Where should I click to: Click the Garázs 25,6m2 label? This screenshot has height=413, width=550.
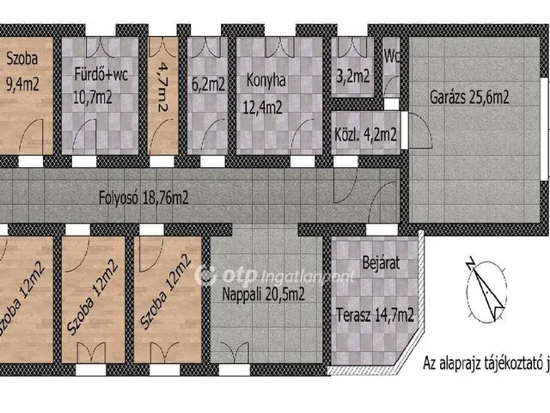click(469, 97)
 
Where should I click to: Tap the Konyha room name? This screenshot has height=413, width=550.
click(266, 80)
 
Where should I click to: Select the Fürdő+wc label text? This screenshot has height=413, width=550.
click(101, 75)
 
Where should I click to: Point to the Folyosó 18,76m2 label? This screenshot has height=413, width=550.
click(144, 198)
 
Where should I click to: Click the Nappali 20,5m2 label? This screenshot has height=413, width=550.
click(263, 294)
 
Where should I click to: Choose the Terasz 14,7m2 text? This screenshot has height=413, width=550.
click(375, 315)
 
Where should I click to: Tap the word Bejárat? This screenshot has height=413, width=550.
click(381, 263)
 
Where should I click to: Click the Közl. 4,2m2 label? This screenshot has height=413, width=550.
click(365, 134)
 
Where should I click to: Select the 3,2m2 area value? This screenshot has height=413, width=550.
click(353, 77)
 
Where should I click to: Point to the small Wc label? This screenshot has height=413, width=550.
click(392, 57)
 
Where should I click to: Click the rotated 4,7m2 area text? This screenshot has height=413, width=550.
click(162, 87)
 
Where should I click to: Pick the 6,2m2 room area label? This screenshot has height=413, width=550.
click(208, 84)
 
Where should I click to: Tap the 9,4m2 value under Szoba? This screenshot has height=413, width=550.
click(22, 84)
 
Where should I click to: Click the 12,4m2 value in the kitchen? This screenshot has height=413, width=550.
click(263, 107)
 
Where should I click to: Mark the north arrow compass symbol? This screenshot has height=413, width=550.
click(486, 290)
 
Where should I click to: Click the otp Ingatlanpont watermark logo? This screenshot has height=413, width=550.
click(275, 275)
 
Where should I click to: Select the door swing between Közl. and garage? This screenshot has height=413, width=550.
click(420, 130)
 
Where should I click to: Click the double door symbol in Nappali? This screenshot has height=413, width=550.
click(235, 353)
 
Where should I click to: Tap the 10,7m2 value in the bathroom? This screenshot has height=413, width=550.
click(92, 97)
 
